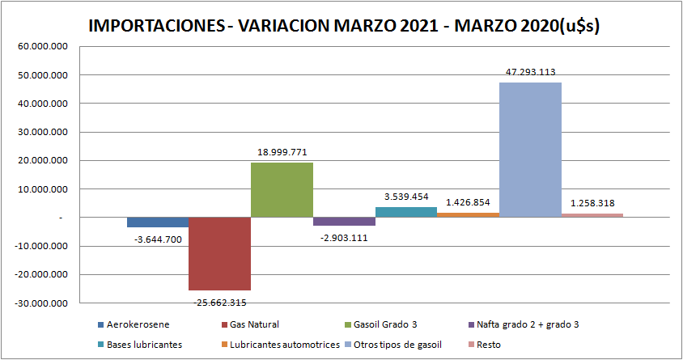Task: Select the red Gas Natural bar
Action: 219,253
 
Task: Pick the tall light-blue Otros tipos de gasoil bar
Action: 530,150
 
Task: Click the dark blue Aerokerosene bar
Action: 158,222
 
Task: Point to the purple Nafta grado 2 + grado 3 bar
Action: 344,222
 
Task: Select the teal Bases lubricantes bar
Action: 406,213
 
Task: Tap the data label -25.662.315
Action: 218,302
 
